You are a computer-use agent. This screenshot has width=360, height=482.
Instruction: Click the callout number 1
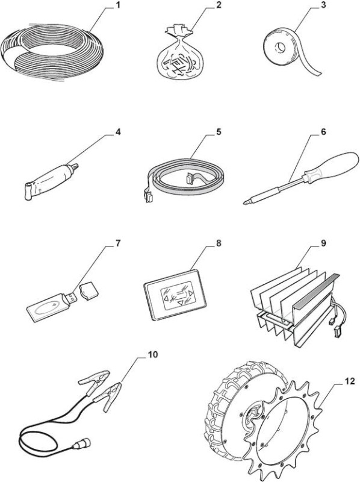pyautogui.click(x=116, y=5)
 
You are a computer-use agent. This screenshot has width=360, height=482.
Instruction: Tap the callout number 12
pyautogui.click(x=349, y=381)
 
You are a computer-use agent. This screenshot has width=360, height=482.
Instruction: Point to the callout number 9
pyautogui.click(x=323, y=243)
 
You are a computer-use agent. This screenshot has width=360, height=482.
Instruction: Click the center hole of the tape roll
pyautogui.click(x=280, y=48)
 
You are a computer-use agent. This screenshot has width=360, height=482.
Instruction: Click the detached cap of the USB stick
pyautogui.click(x=89, y=290)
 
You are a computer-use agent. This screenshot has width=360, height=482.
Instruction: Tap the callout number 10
pyautogui.click(x=153, y=354)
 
